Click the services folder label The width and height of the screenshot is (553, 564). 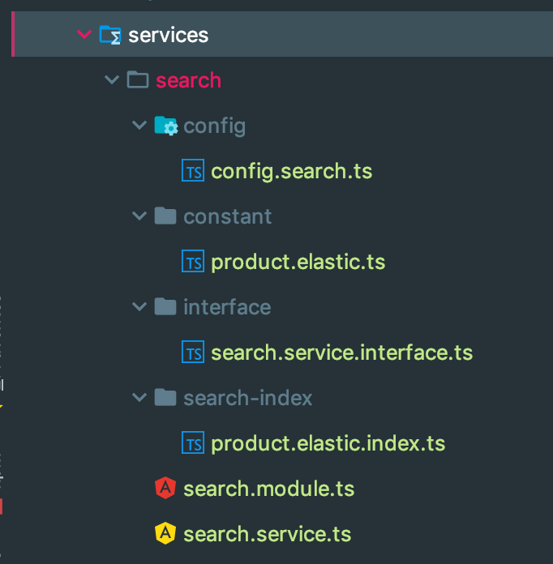[168, 35]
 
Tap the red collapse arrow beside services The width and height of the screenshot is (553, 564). [83, 34]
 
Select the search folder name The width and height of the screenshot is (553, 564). [188, 80]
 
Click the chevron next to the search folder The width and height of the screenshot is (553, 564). [111, 80]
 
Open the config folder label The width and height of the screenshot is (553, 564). [214, 126]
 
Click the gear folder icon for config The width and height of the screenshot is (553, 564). [165, 126]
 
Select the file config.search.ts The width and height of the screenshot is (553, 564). [291, 171]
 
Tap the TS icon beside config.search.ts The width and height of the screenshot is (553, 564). [193, 172]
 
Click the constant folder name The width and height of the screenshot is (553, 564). [227, 216]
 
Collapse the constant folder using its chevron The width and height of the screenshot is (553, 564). [139, 216]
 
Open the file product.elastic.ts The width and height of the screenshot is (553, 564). [298, 262]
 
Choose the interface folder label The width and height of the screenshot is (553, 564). [227, 307]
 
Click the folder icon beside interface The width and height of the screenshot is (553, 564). [165, 306]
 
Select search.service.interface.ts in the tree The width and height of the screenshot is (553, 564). [341, 352]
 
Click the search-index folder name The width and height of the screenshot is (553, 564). [247, 398]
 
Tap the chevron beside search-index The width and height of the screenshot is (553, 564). [139, 398]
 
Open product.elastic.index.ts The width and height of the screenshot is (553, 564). [328, 443]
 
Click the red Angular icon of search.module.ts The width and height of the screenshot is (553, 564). [165, 489]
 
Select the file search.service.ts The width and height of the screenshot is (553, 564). [267, 534]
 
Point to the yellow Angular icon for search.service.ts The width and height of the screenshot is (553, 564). [165, 533]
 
